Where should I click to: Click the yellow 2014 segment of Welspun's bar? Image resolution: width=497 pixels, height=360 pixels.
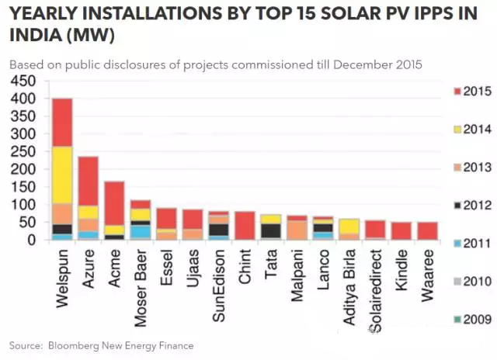(61, 175)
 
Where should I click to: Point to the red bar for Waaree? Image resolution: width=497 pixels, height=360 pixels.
(428, 231)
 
